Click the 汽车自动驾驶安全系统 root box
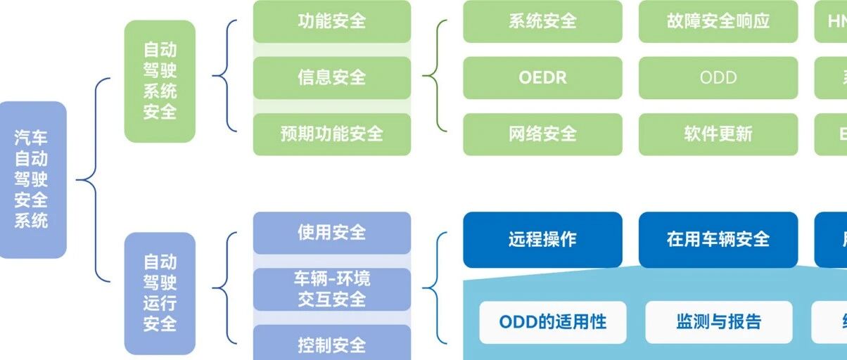pyautogui.click(x=32, y=179)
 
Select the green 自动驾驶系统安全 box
pyautogui.click(x=160, y=81)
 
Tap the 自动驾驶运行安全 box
pyautogui.click(x=160, y=292)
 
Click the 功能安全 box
pyautogui.click(x=331, y=21)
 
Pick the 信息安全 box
pyautogui.click(x=331, y=77)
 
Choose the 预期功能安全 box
pyautogui.click(x=331, y=134)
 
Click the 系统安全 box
pyautogui.click(x=542, y=21)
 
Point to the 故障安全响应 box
pyautogui.click(x=718, y=21)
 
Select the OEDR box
pyautogui.click(x=542, y=77)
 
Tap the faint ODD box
pyautogui.click(x=718, y=77)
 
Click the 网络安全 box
pyautogui.click(x=542, y=134)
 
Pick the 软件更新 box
pyautogui.click(x=718, y=134)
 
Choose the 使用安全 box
pyautogui.click(x=331, y=233)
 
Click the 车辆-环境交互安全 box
pyautogui.click(x=331, y=289)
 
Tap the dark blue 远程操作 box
pyautogui.click(x=542, y=239)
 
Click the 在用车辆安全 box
pyautogui.click(x=718, y=239)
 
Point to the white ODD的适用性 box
pyautogui.click(x=552, y=322)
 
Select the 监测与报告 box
pyautogui.click(x=718, y=322)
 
